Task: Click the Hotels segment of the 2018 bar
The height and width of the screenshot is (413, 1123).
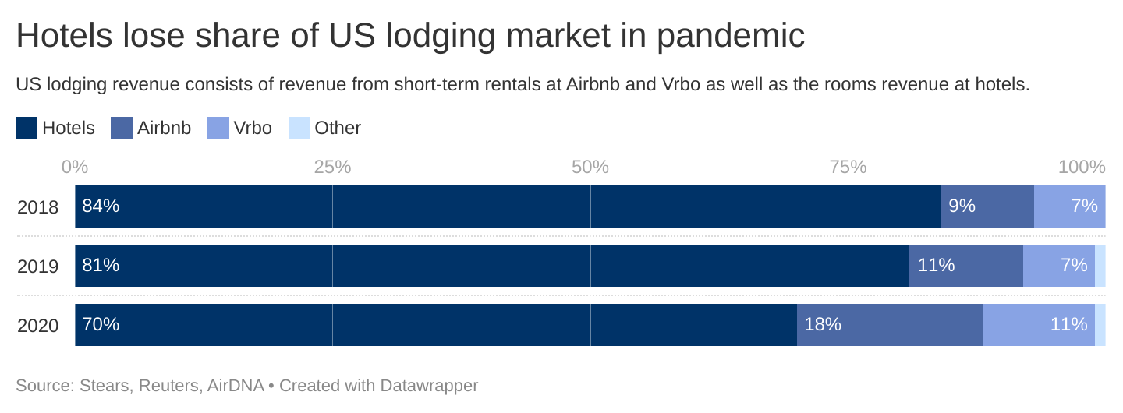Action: pos(507,206)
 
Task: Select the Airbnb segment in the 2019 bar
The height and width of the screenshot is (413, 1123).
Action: pos(965,266)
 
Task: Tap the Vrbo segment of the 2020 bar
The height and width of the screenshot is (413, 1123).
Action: pos(1038,325)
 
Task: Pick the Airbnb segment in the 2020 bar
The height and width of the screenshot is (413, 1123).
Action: pos(889,325)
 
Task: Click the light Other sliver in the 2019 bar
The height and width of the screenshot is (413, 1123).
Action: pos(1100,266)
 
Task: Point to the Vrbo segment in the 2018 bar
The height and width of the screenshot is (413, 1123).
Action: pos(1069,206)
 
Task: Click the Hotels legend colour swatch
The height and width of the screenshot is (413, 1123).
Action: pos(27,128)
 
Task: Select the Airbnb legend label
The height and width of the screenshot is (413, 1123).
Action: pos(164,128)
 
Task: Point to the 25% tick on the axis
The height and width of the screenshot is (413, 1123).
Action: pos(332,167)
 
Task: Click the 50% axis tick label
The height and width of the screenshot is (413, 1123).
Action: pos(590,167)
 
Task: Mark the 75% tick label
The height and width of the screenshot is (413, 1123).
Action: pos(848,167)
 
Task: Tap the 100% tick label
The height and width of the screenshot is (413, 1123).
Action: pos(1082,167)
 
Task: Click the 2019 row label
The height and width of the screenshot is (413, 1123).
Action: pos(37,267)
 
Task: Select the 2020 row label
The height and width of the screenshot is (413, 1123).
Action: pos(37,326)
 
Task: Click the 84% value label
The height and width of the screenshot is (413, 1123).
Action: pos(101,206)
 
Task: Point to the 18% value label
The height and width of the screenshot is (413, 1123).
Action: pos(823,324)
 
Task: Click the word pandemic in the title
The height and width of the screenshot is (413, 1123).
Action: pos(730,36)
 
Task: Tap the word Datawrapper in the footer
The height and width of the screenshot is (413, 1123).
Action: pos(429,385)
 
